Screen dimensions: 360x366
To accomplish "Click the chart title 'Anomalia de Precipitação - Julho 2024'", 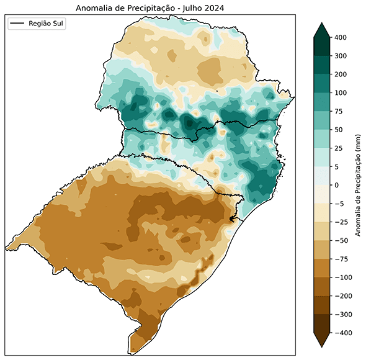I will [149, 8].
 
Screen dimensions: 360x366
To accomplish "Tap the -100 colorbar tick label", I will [343, 277].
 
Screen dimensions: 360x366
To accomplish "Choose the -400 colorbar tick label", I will [343, 333].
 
